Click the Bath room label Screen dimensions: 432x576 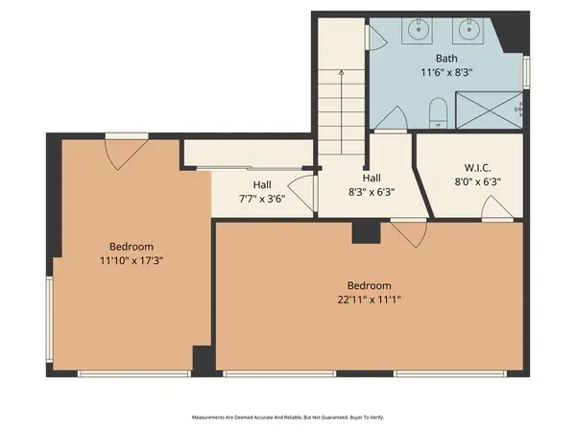[445, 59]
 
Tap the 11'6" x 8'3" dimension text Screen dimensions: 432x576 [445, 72]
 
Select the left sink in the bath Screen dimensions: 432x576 [420, 30]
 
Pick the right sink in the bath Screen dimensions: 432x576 [471, 30]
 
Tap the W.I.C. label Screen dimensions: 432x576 [478, 167]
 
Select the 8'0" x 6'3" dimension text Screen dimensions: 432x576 [478, 180]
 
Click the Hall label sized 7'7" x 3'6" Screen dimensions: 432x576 [263, 185]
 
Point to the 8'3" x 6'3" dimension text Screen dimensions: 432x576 [372, 191]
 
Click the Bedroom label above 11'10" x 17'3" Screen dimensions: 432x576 [130, 246]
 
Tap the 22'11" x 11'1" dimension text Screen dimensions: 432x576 [369, 300]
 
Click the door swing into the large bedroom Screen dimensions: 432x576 [407, 233]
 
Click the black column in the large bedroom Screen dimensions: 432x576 [366, 232]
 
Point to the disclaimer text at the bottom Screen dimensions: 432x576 [288, 418]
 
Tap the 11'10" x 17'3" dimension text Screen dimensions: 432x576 [130, 259]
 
